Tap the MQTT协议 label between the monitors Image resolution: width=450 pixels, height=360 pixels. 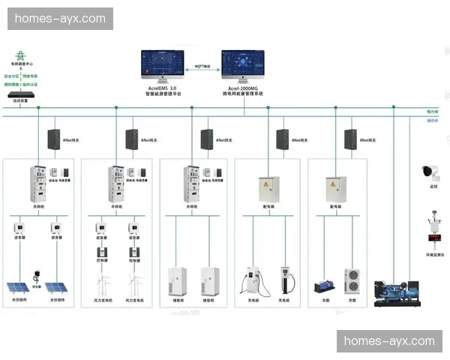tap(202, 66)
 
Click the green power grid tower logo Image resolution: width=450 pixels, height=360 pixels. tap(20, 56)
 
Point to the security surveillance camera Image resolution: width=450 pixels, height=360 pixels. tap(430, 172)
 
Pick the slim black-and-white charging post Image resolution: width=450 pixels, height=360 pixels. tap(284, 278)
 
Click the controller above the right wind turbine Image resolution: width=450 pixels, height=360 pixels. tap(136, 253)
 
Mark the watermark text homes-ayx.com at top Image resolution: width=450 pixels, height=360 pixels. tap(60, 19)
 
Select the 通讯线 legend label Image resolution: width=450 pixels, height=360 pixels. tap(432, 120)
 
